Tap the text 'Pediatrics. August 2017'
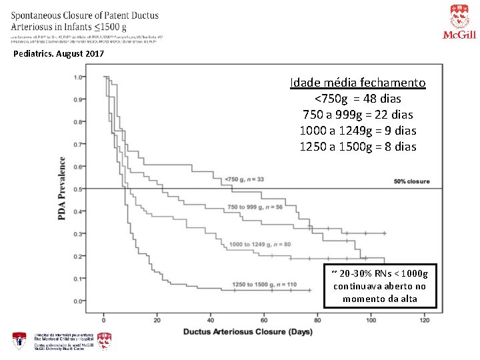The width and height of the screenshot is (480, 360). (x=59, y=53)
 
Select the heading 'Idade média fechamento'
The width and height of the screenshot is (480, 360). (x=357, y=83)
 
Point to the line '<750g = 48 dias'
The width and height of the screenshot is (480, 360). (x=357, y=99)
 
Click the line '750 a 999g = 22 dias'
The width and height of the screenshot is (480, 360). (x=357, y=115)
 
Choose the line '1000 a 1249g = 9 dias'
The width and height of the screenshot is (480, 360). (x=357, y=131)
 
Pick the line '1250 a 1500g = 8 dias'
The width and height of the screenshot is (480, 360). (x=357, y=147)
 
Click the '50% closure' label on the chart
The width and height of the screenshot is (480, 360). (x=411, y=181)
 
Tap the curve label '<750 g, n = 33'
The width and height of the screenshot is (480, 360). (x=245, y=179)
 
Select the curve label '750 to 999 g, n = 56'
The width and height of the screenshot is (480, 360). (x=255, y=207)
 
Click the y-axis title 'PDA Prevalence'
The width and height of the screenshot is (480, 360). (x=62, y=189)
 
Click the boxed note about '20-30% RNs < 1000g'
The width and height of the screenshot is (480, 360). (x=379, y=285)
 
